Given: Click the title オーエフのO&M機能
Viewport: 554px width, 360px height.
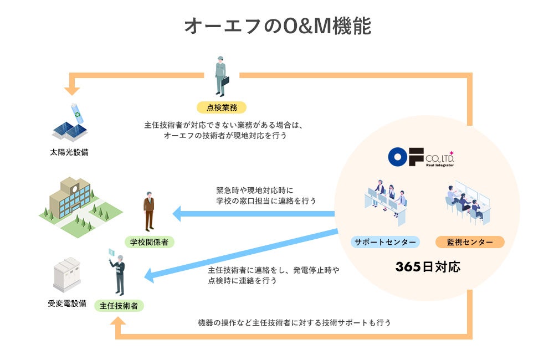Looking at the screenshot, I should (277, 26).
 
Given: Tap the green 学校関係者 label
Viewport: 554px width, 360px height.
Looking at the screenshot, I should (149, 241).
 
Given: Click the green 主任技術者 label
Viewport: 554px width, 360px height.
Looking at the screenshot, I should (119, 305).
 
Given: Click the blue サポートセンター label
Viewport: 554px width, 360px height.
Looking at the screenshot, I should (385, 241).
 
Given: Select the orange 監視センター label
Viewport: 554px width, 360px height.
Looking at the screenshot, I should (470, 241).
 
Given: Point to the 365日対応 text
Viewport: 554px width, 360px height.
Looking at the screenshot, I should (428, 266).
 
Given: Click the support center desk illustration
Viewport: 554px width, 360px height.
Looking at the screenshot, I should (384, 203).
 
